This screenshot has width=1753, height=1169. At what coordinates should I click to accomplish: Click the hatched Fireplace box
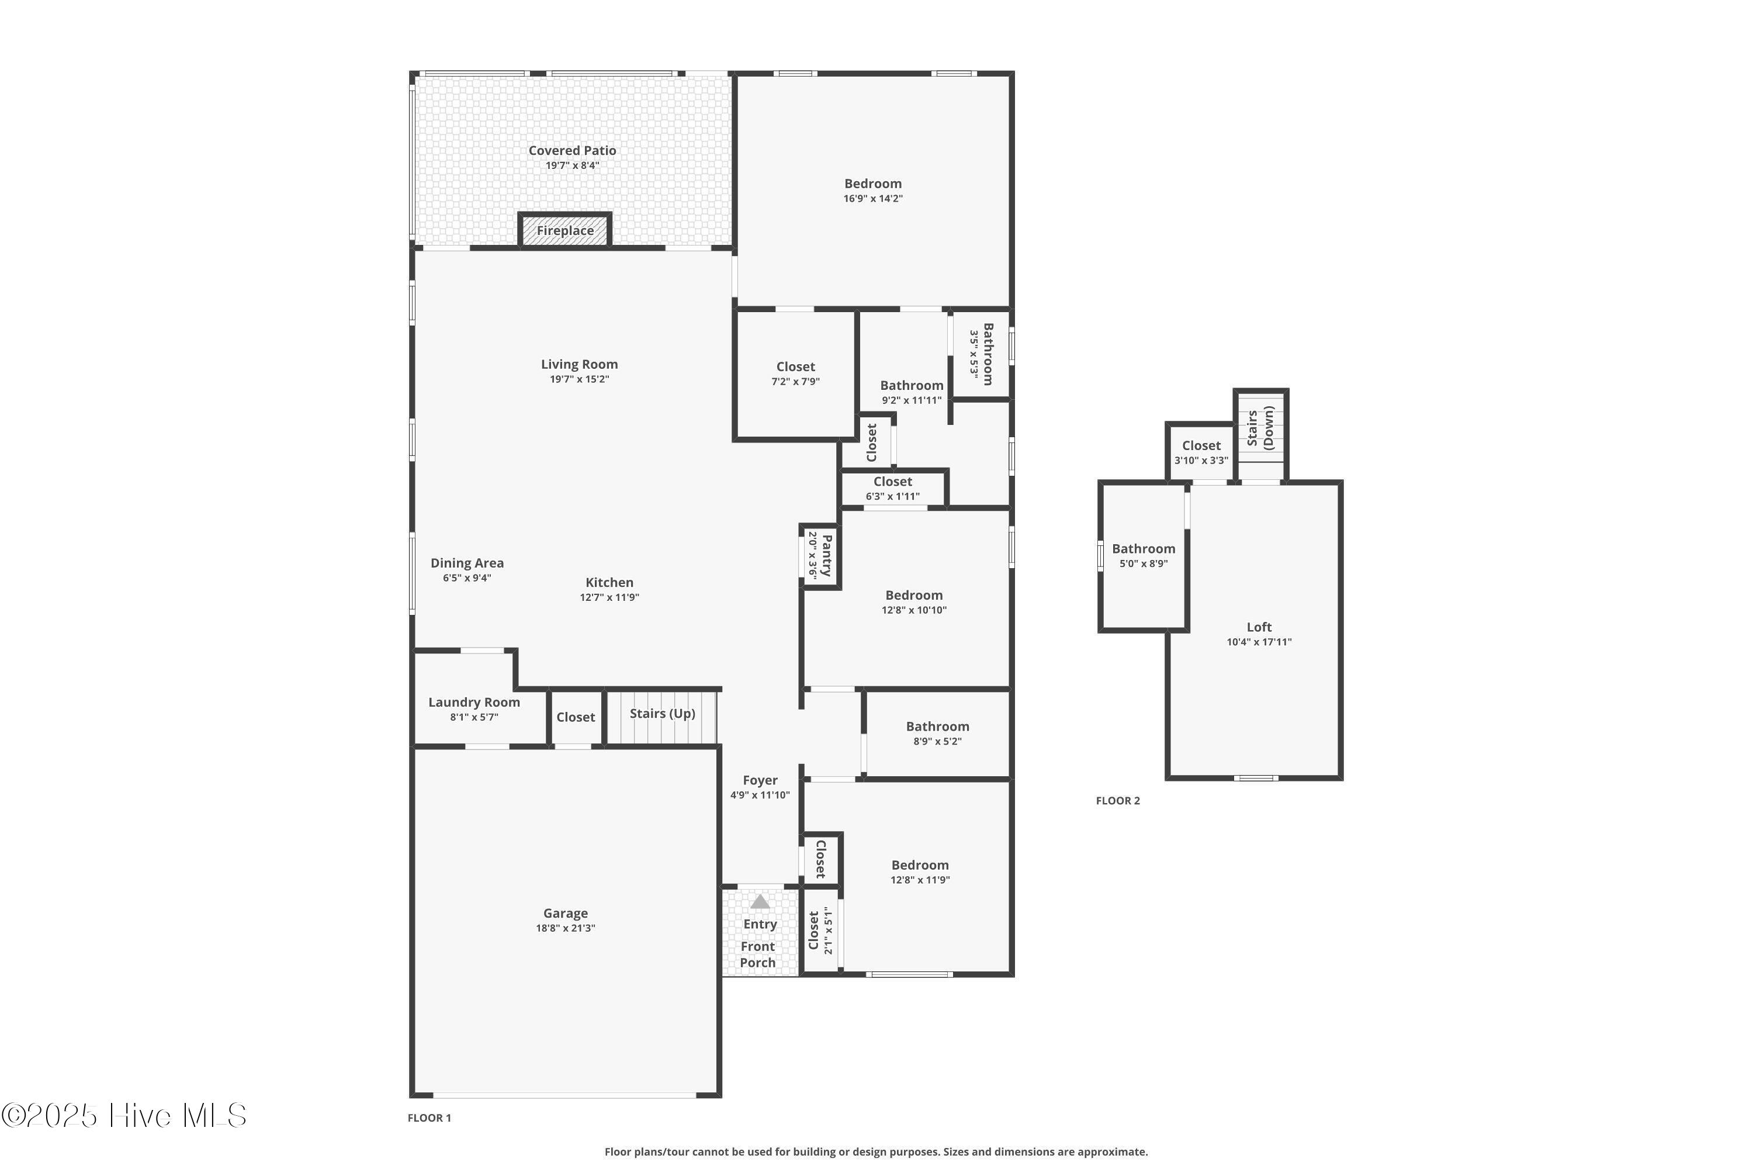(565, 230)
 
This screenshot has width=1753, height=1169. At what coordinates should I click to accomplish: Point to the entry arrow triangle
(760, 902)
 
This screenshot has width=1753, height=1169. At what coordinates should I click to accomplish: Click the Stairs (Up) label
(662, 714)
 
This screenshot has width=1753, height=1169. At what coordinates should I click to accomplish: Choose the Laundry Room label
(474, 703)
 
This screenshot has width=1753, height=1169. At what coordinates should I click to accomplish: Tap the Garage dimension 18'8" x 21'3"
(565, 928)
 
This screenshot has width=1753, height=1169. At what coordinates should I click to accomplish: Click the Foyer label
(760, 780)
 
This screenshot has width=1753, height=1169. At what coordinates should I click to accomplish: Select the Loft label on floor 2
(1259, 628)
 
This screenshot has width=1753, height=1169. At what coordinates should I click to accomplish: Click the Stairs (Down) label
(1260, 428)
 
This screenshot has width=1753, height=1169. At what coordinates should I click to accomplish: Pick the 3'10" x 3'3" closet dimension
(1201, 461)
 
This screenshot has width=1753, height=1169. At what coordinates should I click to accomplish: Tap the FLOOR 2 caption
(1117, 801)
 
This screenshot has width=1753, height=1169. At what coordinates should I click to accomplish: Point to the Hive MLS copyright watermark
(124, 1115)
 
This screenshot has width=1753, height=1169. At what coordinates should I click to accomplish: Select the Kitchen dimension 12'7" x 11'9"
(609, 597)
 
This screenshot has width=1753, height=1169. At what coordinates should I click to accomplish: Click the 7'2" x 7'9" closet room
(795, 373)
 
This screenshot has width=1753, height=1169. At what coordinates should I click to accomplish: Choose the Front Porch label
(757, 955)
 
